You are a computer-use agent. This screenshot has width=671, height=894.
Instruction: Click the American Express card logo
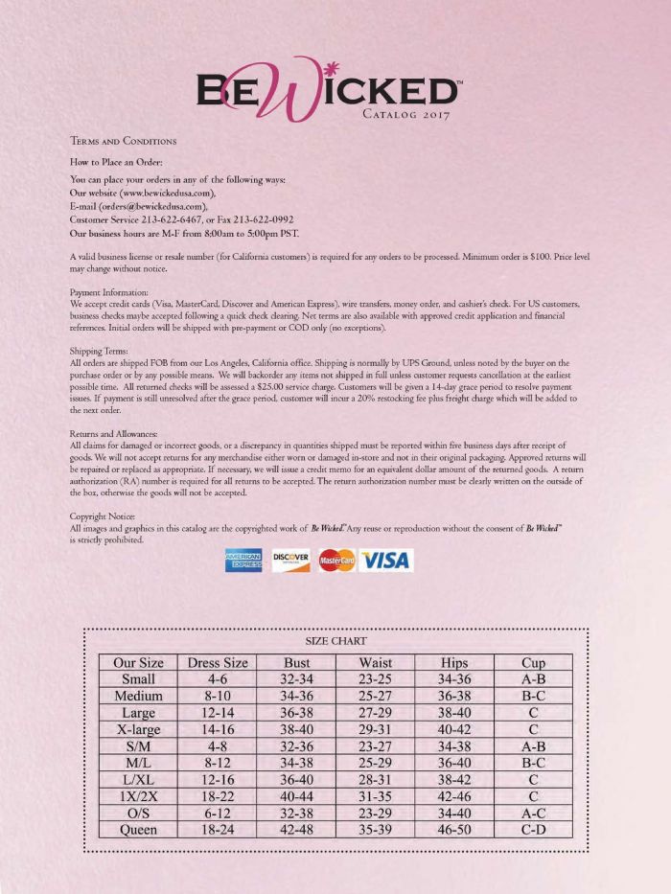[243, 561]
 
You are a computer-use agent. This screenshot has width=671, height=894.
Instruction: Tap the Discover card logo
[290, 561]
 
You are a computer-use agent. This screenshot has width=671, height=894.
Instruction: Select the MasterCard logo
[336, 561]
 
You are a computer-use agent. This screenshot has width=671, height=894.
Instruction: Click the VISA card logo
[385, 561]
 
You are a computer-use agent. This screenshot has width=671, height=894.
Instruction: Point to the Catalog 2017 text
[406, 115]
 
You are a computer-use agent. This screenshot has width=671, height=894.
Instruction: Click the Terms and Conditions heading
[124, 142]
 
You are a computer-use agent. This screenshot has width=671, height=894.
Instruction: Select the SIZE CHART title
[335, 640]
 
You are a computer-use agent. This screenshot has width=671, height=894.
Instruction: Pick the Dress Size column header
[218, 662]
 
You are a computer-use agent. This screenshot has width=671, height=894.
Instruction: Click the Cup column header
[533, 662]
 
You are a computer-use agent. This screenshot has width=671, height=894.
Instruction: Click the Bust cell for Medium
[297, 697]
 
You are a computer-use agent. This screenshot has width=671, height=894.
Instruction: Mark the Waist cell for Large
[376, 713]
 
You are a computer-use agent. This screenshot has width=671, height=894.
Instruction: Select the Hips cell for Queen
[454, 831]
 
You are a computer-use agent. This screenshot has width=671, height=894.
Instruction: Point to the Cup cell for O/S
[533, 814]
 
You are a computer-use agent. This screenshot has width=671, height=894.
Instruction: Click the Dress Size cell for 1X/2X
[218, 796]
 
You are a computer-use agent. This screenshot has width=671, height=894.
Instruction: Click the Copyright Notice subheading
[103, 516]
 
